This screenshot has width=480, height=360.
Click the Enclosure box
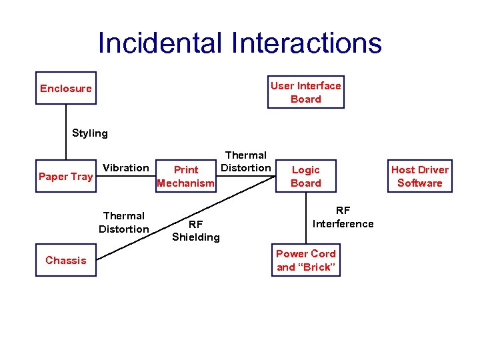(66, 88)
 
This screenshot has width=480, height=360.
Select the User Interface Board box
(306, 92)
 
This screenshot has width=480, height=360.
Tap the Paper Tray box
(65, 177)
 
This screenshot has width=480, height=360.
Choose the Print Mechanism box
(185, 177)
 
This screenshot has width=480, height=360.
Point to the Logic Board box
(306, 177)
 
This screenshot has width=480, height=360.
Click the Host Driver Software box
(420, 177)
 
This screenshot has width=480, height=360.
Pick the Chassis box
(65, 260)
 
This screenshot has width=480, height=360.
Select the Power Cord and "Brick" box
(306, 260)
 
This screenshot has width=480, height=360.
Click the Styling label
(90, 133)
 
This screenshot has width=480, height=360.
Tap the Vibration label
(126, 167)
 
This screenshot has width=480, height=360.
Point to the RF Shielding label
(195, 231)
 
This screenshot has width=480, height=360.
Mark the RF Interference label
(343, 217)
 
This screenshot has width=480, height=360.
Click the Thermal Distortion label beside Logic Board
(246, 161)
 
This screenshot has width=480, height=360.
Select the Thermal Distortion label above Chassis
(124, 223)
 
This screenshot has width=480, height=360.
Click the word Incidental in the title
(160, 43)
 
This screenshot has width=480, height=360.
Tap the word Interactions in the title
(307, 43)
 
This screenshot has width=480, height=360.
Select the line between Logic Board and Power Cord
(306, 220)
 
